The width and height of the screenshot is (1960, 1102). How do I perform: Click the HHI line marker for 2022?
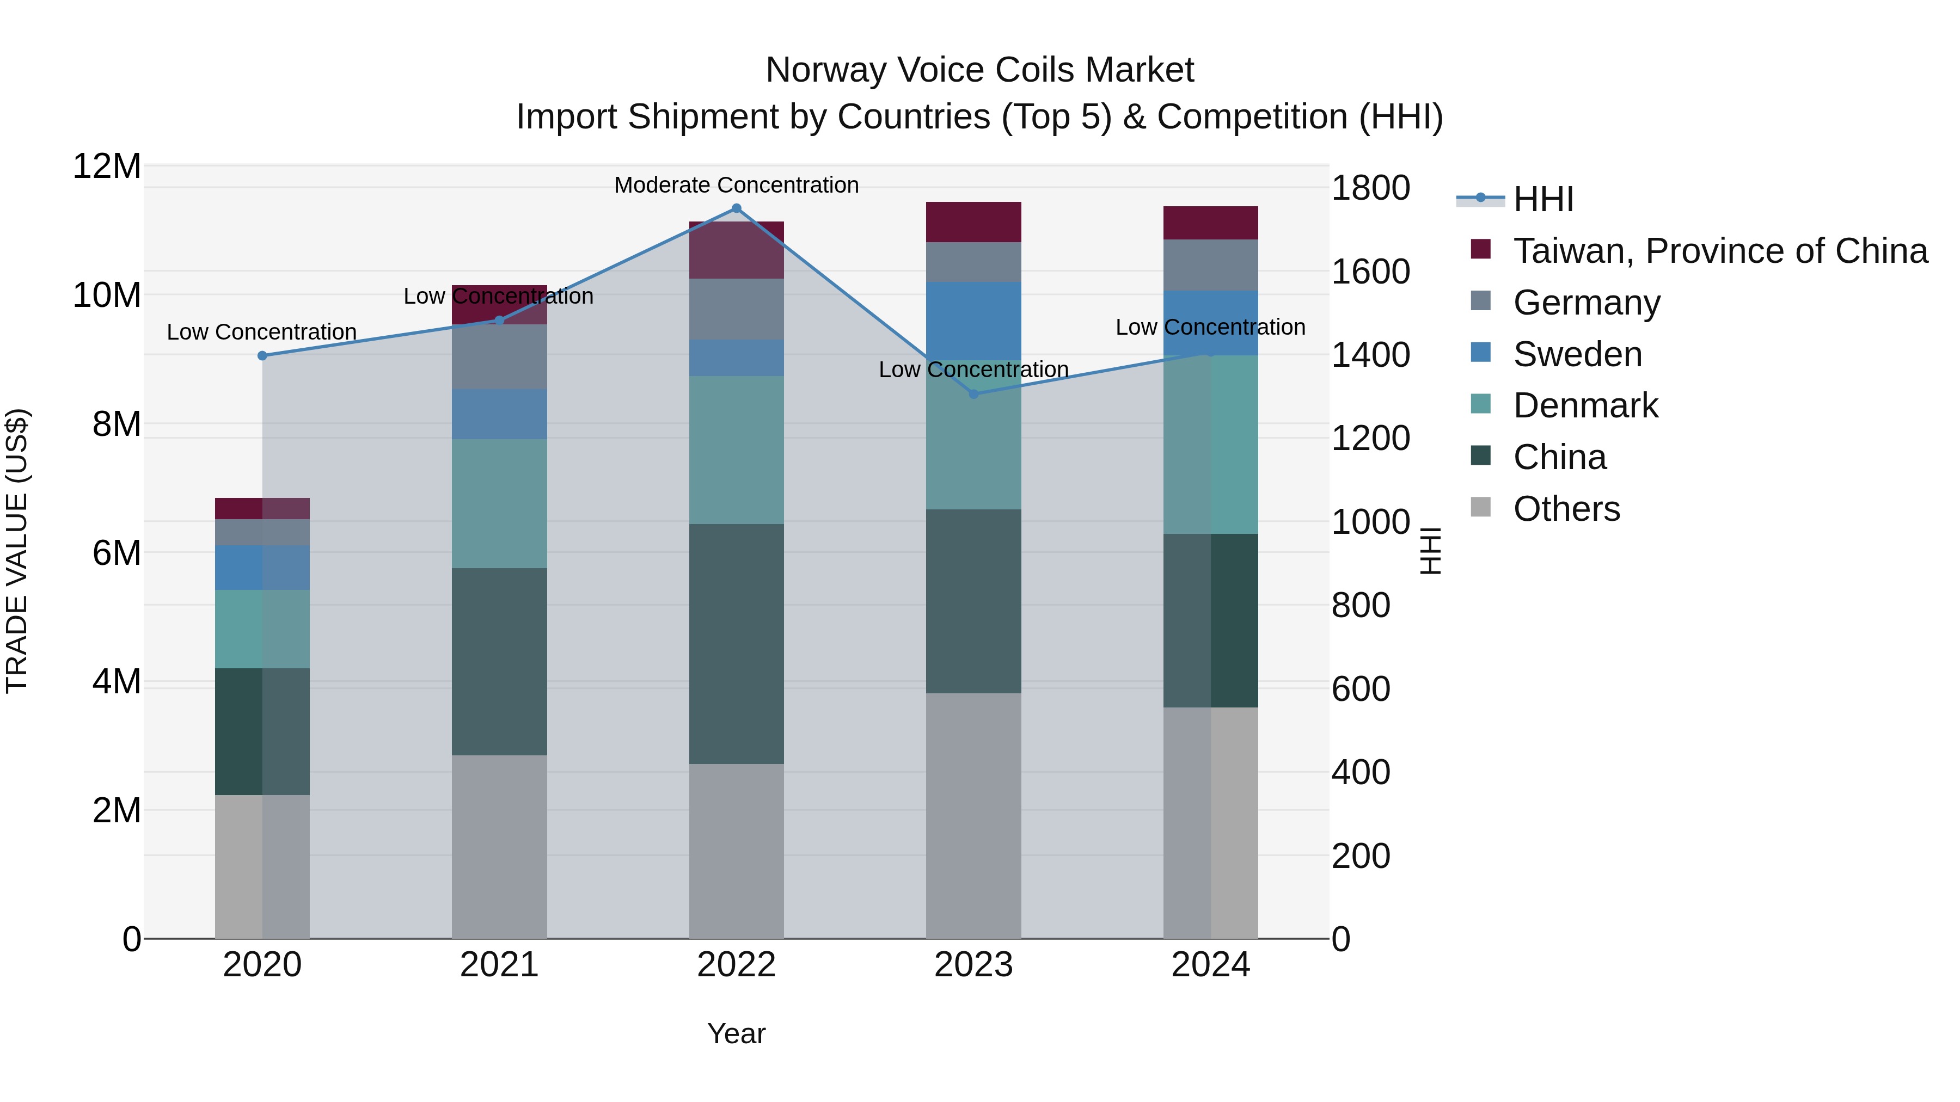[x=736, y=208]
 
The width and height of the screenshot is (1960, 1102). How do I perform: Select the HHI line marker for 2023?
[x=973, y=394]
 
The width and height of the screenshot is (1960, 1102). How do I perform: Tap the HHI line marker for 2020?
[x=262, y=356]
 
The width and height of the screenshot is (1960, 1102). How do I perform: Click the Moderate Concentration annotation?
[x=736, y=185]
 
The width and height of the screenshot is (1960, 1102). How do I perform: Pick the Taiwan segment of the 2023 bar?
[x=973, y=222]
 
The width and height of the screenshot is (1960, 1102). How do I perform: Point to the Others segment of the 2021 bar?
[x=499, y=846]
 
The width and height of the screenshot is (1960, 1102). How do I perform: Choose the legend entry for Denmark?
[x=1585, y=405]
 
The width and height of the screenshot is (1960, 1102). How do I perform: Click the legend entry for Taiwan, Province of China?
[x=1719, y=251]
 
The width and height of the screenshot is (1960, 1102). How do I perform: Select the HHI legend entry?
[x=1542, y=199]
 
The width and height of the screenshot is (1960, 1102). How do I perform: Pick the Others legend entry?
[x=1566, y=509]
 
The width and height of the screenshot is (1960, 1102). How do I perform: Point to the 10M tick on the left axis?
[x=107, y=295]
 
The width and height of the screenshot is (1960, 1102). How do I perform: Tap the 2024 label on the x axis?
[x=1210, y=965]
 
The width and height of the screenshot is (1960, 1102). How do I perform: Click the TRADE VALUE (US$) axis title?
[x=17, y=551]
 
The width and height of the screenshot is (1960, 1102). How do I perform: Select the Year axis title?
[x=736, y=1033]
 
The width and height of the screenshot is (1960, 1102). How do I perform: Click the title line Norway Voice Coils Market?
[x=979, y=70]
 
